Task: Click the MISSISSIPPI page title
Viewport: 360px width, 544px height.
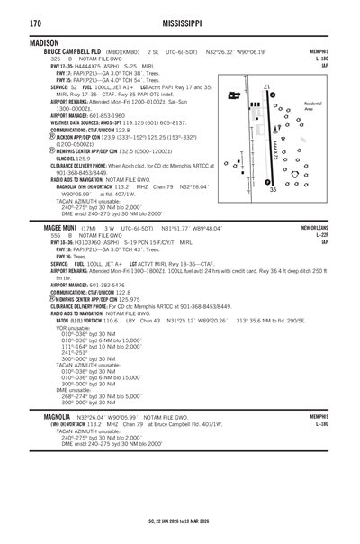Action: [179, 22]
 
